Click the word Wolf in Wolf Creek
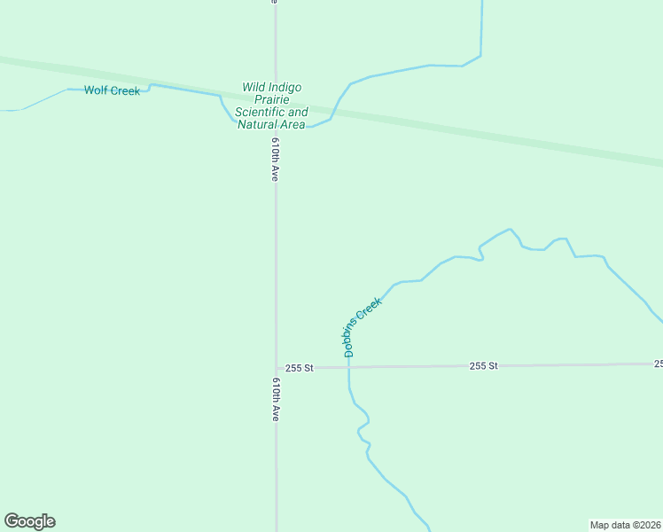(x=96, y=90)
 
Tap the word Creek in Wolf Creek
(x=124, y=90)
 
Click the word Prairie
(x=272, y=100)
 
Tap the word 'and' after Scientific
(x=299, y=113)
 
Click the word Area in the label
(x=293, y=125)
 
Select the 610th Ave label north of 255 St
(x=276, y=160)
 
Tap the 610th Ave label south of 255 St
(x=276, y=398)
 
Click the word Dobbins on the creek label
(x=352, y=337)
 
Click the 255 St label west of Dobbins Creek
(x=300, y=368)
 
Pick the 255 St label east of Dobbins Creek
(x=484, y=365)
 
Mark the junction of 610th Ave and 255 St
(x=276, y=368)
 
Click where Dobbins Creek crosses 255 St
(x=348, y=367)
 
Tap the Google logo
(x=29, y=521)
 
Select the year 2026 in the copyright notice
(x=649, y=524)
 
